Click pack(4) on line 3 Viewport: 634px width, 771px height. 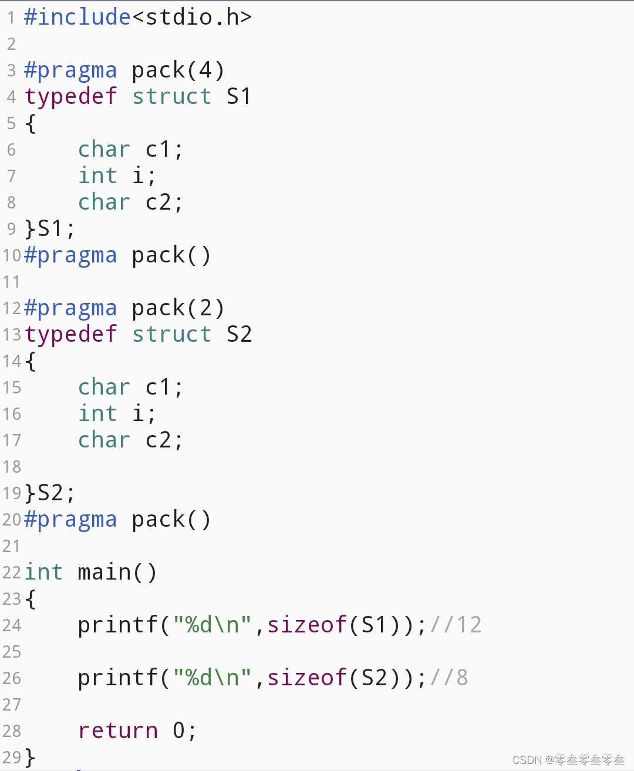point(178,70)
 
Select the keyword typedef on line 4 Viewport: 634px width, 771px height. point(71,97)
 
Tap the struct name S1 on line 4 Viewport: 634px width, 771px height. point(239,96)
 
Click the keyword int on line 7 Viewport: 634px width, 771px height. point(97,176)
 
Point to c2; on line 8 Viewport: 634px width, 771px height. point(164,202)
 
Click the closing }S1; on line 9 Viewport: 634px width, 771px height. point(50,228)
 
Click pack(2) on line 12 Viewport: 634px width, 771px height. point(178,308)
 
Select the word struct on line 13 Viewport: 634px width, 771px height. point(171,334)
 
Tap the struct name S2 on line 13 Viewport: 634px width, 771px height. point(239,334)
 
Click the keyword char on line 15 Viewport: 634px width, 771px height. point(104,387)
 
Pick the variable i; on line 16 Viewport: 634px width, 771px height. point(144,413)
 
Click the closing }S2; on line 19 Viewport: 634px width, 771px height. point(50,493)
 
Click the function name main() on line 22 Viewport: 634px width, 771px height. point(117,572)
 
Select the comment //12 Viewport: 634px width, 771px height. point(456,625)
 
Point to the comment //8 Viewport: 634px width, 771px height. point(449,678)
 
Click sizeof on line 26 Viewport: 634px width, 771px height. point(307,678)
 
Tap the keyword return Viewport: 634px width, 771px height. point(118,730)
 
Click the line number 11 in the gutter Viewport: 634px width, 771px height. point(11,282)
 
